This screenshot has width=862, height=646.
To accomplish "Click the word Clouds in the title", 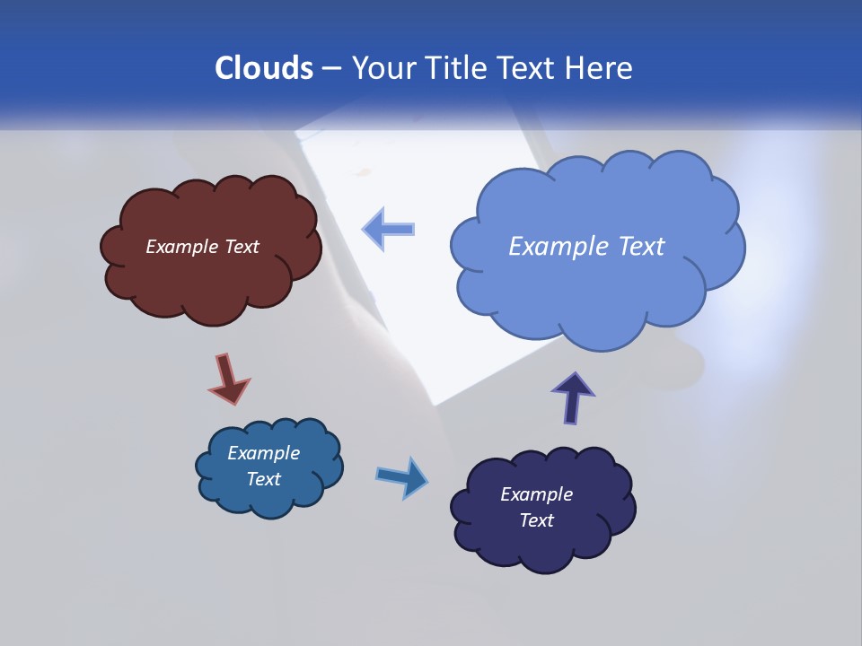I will [x=263, y=68].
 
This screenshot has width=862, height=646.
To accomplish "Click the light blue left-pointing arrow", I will [x=388, y=229].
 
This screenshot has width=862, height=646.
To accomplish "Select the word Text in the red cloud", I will [x=242, y=247].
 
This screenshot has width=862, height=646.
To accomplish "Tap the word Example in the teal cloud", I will [x=263, y=453].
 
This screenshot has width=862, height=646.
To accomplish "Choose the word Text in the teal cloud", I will [x=263, y=479].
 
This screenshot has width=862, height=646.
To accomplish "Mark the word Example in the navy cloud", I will [x=536, y=494].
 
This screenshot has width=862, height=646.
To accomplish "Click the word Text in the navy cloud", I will [x=536, y=520].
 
